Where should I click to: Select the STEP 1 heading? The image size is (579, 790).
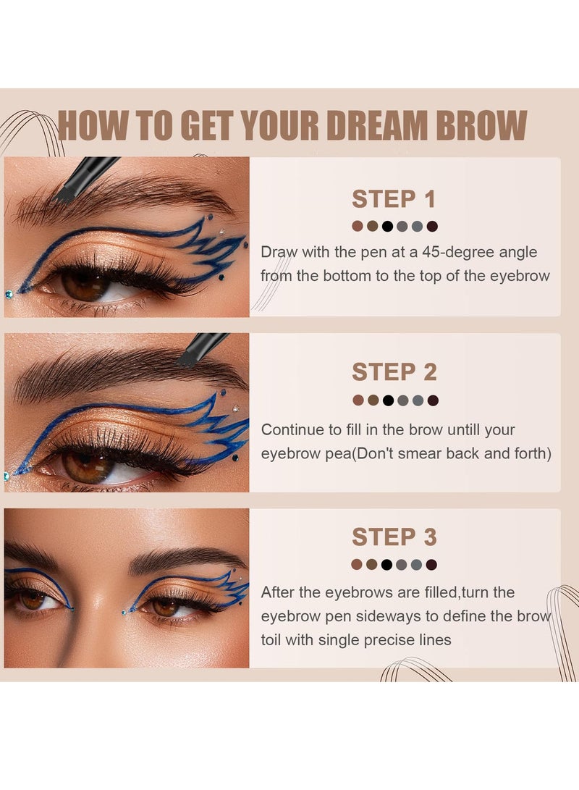(x=394, y=199)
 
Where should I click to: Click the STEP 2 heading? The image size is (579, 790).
(x=394, y=372)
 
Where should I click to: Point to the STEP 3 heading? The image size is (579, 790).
(x=394, y=537)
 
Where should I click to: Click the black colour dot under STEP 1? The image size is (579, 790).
(x=387, y=227)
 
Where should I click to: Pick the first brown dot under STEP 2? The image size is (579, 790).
(x=357, y=400)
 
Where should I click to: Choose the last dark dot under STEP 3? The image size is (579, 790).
(x=432, y=565)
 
